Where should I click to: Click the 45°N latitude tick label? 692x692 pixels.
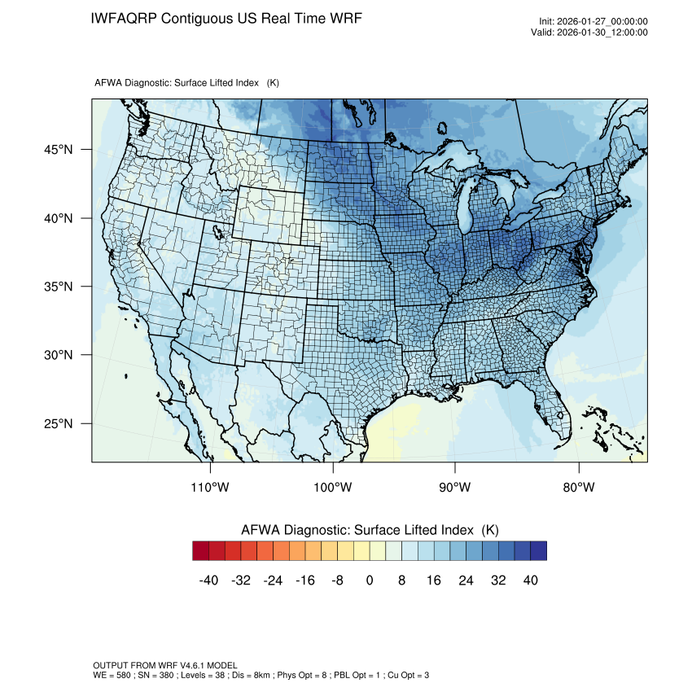58,150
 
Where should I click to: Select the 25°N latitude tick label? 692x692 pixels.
58,423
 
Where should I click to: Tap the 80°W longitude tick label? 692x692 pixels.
579,488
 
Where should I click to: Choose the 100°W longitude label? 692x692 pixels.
333,488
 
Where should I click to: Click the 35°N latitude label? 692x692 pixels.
58,287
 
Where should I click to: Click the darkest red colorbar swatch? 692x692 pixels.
201,551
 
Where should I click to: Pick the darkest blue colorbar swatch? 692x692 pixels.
538,551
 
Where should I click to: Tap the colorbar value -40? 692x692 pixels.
208,580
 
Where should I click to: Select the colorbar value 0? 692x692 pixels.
370,580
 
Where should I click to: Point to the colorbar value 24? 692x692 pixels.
466,580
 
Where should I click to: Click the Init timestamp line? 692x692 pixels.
593,21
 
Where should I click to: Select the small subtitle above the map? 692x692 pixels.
186,83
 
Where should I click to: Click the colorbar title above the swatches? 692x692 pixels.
370,530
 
